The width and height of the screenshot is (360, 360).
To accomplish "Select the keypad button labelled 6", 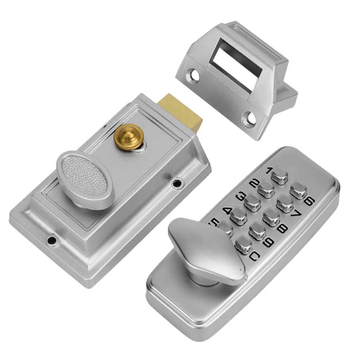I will (298, 189).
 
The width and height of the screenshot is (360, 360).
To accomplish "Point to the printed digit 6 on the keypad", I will (309, 201).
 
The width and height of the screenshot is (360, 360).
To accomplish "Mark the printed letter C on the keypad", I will (255, 258).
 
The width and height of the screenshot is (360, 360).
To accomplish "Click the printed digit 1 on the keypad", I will (269, 171).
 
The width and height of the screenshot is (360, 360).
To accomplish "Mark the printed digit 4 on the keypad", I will (227, 211).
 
